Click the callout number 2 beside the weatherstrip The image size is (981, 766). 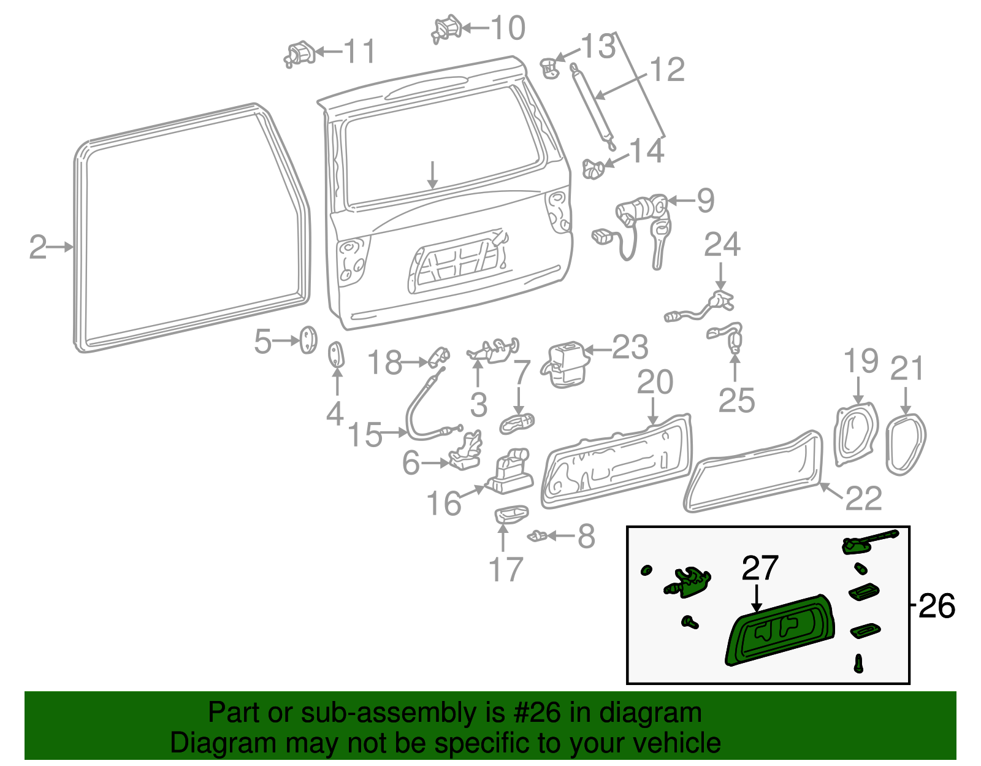[x=37, y=247]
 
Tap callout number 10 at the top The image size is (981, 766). [x=508, y=28]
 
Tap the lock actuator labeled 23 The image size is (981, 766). [x=565, y=365]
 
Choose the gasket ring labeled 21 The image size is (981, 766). [x=906, y=444]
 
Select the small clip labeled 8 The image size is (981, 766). [x=537, y=536]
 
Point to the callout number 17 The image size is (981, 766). [x=505, y=570]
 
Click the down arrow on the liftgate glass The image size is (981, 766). [x=433, y=175]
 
